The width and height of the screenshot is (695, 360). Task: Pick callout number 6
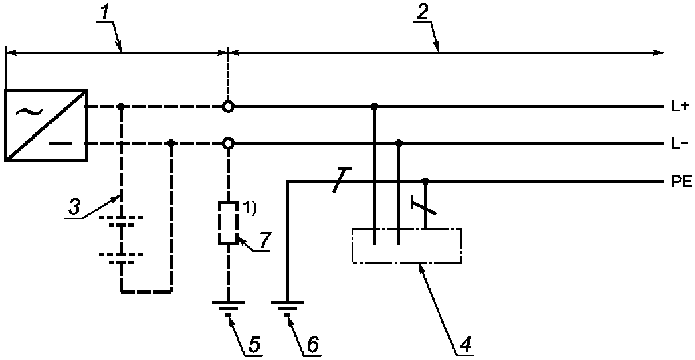(312, 343)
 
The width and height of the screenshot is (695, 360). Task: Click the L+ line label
(679, 107)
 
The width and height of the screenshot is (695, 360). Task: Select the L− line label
(679, 144)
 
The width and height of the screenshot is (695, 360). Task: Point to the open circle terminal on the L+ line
(228, 107)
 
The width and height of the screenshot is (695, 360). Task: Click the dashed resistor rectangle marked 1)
(219, 223)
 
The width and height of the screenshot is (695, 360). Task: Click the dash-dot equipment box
(353, 245)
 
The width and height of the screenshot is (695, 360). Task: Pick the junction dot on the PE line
(425, 181)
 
